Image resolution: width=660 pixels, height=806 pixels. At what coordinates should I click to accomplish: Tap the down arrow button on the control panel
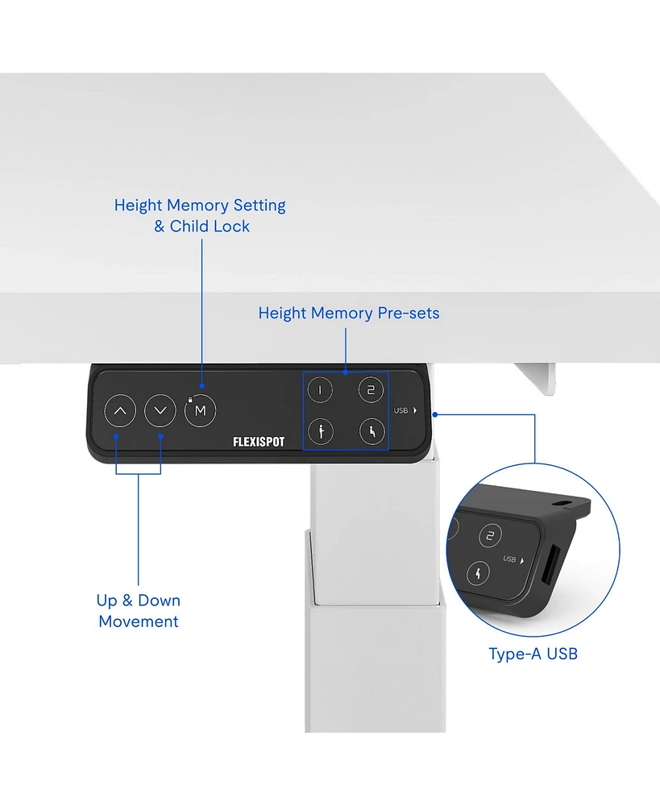coord(160,411)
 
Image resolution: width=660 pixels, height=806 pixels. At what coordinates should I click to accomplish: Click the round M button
coord(201,411)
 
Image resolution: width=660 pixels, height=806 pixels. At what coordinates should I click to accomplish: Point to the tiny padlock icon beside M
coord(191,399)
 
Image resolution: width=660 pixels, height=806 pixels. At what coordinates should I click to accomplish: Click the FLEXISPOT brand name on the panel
coord(259,442)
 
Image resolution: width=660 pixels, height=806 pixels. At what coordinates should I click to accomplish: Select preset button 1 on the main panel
coord(321,390)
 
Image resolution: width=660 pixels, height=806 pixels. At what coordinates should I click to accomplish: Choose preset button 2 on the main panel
coord(371,390)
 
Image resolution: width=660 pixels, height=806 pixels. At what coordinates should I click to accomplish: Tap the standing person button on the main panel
coord(321,432)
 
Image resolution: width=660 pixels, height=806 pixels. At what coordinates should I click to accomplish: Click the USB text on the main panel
coord(401,410)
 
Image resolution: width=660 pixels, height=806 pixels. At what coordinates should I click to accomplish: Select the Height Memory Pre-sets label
coord(349,313)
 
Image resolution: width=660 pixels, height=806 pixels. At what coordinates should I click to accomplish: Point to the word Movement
coord(139,621)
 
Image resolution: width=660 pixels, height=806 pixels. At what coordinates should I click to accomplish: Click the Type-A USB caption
coord(533,654)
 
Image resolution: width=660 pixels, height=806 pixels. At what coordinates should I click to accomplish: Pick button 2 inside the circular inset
coord(491,536)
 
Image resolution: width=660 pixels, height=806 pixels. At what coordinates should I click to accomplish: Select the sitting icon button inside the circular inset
coord(479,574)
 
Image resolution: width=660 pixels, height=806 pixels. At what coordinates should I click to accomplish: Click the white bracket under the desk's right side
coord(539,376)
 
